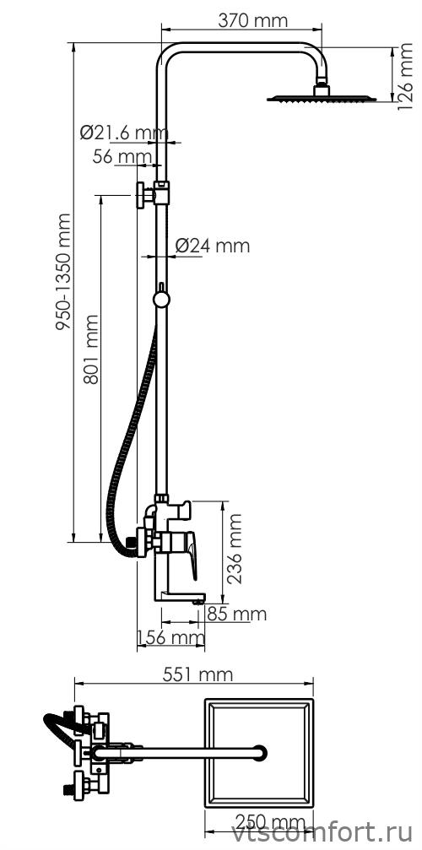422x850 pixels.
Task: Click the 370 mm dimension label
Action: pyautogui.click(x=252, y=21)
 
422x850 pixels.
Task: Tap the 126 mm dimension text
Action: pyautogui.click(x=404, y=77)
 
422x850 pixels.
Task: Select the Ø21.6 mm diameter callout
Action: pyautogui.click(x=124, y=133)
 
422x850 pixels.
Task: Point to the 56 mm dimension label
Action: pyautogui.click(x=122, y=157)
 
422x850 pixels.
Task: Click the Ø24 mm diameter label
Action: pyautogui.click(x=213, y=246)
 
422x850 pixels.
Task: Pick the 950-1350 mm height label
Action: pyautogui.click(x=63, y=272)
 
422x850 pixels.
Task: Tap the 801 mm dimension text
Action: pyautogui.click(x=91, y=349)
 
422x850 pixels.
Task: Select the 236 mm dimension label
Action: pyautogui.click(x=235, y=549)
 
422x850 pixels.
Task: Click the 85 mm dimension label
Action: pyautogui.click(x=236, y=614)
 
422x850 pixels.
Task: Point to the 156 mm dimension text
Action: pyautogui.click(x=171, y=637)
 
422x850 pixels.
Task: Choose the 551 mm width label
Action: pyautogui.click(x=197, y=674)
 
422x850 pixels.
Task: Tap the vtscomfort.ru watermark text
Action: pyautogui.click(x=322, y=835)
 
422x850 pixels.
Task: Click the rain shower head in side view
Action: pyautogui.click(x=322, y=98)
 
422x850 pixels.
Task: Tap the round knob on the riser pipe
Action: pyautogui.click(x=161, y=300)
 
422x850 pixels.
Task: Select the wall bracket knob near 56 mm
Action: pyautogui.click(x=142, y=195)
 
